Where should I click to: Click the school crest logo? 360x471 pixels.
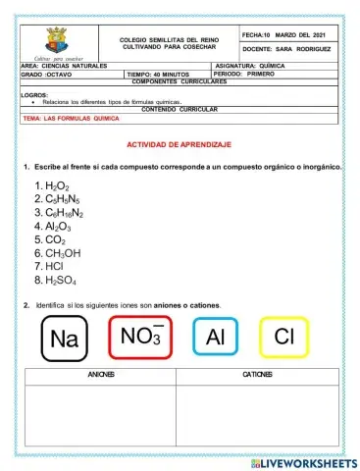coord(57,42)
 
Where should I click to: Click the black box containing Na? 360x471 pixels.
coord(64,339)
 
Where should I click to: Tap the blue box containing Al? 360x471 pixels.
coord(216,338)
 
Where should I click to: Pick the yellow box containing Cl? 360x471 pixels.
coord(283,338)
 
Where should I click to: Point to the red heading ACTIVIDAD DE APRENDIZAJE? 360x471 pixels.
coord(180,144)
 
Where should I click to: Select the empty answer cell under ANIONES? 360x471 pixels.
coord(102,412)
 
